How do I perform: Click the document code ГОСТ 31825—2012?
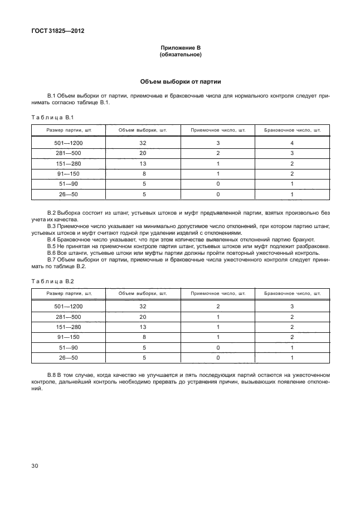click(53, 31)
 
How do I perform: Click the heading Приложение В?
click(180, 49)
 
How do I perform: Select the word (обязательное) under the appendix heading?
click(180, 55)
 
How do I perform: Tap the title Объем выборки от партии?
click(180, 81)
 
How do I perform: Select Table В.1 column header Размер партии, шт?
click(69, 130)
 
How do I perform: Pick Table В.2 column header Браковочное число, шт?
click(292, 293)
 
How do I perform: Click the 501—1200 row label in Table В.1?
click(68, 143)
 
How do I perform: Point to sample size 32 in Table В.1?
click(143, 143)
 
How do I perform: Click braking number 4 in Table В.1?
click(292, 143)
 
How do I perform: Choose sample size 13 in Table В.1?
click(143, 163)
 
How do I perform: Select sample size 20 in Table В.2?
click(143, 317)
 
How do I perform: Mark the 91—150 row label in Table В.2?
click(68, 337)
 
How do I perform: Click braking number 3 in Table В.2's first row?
click(292, 307)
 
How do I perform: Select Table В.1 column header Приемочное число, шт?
click(218, 130)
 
